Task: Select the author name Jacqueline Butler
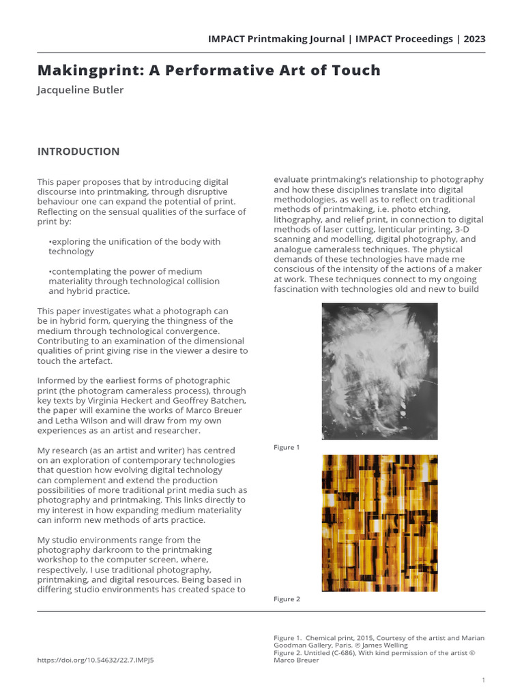[80, 90]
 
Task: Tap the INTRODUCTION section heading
[78, 151]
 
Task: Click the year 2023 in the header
[474, 39]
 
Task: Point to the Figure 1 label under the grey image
[287, 447]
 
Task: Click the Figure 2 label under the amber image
[287, 599]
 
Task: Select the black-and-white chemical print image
[379, 371]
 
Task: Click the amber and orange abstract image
[379, 523]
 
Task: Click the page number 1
[483, 680]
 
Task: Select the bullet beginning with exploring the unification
[134, 246]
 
